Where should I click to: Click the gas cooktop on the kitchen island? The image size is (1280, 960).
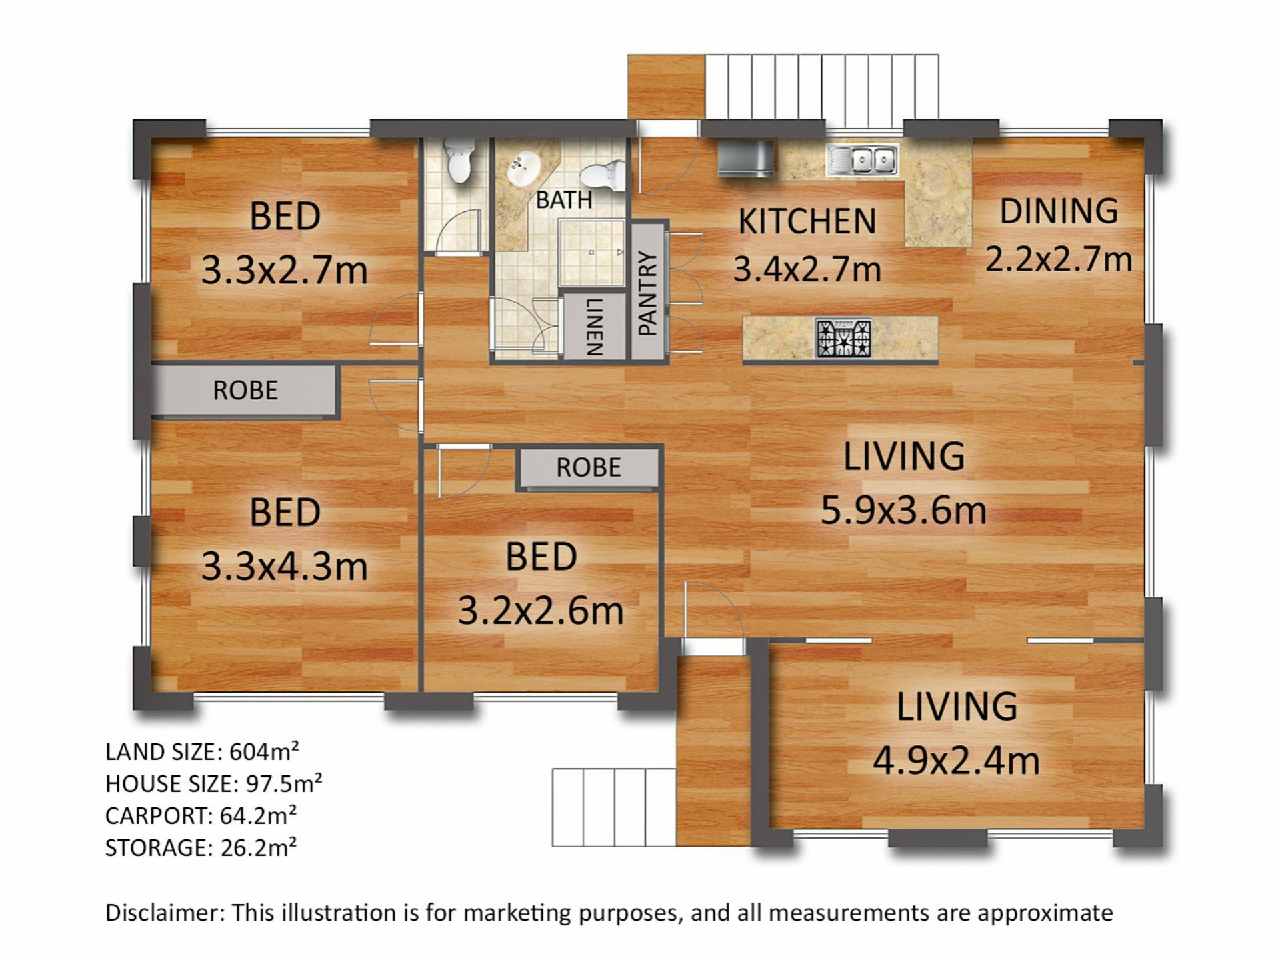pyautogui.click(x=843, y=338)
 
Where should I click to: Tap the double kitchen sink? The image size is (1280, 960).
pyautogui.click(x=863, y=160)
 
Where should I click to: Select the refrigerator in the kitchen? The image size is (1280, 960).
pyautogui.click(x=746, y=159)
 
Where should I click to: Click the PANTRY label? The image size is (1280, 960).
pyautogui.click(x=648, y=293)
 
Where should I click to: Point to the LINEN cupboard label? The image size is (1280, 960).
pyautogui.click(x=594, y=327)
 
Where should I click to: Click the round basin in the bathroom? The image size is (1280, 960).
pyautogui.click(x=523, y=169)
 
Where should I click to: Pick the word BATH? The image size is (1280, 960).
pyautogui.click(x=564, y=200)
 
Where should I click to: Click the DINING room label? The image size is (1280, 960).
pyautogui.click(x=1059, y=211)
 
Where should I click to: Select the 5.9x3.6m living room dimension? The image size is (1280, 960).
pyautogui.click(x=903, y=511)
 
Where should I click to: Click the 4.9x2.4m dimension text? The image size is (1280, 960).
pyautogui.click(x=957, y=761)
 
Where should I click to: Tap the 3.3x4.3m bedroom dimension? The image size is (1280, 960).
pyautogui.click(x=285, y=567)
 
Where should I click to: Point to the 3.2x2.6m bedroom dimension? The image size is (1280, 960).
pyautogui.click(x=541, y=611)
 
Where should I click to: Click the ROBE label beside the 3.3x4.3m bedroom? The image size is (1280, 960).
pyautogui.click(x=245, y=391)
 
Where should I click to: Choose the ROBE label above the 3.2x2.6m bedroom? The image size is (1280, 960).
pyautogui.click(x=589, y=468)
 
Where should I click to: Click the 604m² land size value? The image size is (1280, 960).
pyautogui.click(x=264, y=751)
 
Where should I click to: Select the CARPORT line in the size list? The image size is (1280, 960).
pyautogui.click(x=201, y=815)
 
